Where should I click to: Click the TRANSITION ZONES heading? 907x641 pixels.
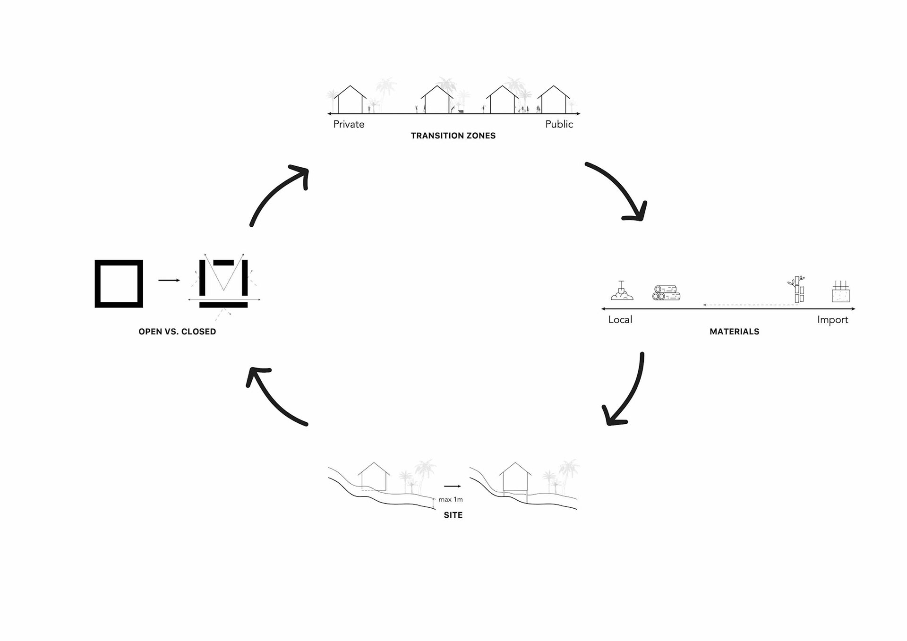[453, 136]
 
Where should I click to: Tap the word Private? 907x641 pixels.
[349, 124]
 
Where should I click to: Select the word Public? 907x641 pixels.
[559, 124]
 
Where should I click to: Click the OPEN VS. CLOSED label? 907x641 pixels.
[177, 332]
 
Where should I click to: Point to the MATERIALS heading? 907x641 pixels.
[734, 332]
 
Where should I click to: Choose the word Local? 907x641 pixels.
[620, 320]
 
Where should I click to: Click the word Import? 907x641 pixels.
[832, 320]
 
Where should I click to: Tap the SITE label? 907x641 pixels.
[453, 515]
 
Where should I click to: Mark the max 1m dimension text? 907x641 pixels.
[450, 500]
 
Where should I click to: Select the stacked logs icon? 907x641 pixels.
[666, 293]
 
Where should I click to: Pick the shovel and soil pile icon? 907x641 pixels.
[621, 291]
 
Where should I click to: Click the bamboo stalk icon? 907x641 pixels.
[797, 289]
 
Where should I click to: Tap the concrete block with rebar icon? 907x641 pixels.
[840, 292]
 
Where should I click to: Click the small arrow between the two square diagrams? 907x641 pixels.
[169, 281]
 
